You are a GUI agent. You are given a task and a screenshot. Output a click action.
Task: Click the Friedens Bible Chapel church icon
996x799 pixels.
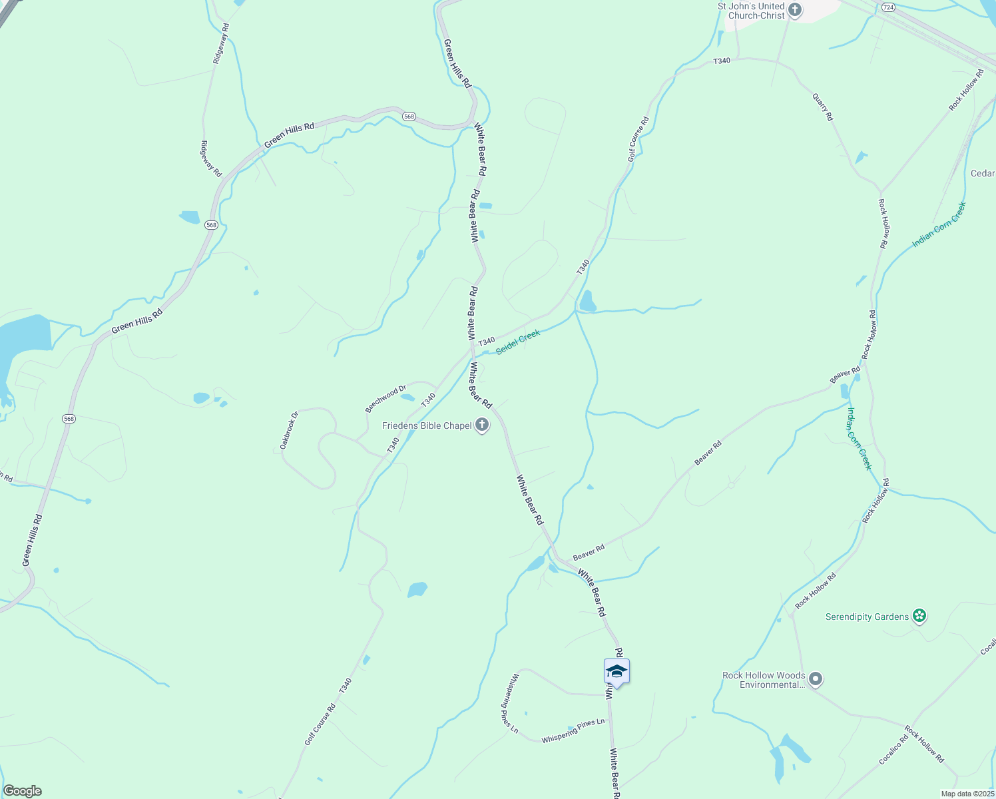click(x=482, y=425)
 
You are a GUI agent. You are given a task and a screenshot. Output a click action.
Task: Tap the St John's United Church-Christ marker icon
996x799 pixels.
click(x=795, y=10)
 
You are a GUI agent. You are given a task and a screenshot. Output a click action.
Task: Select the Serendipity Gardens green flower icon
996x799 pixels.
click(x=919, y=616)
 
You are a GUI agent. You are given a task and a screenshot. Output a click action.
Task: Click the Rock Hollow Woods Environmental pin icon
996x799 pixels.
click(x=816, y=679)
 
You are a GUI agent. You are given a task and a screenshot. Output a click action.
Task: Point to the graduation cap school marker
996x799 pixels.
click(x=617, y=672)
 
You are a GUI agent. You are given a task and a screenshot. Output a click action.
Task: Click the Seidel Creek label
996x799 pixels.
click(x=518, y=342)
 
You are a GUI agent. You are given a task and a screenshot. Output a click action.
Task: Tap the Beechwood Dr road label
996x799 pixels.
click(x=385, y=398)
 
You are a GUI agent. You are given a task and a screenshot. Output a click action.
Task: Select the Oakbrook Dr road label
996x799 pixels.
click(x=289, y=430)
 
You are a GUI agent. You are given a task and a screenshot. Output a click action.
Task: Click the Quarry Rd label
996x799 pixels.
click(x=823, y=107)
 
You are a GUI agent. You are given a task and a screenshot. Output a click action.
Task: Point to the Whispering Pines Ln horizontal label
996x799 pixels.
click(x=573, y=730)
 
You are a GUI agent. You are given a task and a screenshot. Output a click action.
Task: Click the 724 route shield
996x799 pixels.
click(x=887, y=7)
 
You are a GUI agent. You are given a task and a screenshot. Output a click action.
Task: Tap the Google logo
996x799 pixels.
click(x=22, y=791)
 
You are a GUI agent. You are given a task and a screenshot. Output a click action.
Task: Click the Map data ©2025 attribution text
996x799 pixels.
click(x=967, y=794)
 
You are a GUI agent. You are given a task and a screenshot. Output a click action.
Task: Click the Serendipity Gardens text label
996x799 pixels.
click(x=867, y=617)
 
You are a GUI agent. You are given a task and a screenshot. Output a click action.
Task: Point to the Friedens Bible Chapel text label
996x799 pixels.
click(x=427, y=425)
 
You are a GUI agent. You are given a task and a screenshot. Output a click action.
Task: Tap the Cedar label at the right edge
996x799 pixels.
click(x=983, y=173)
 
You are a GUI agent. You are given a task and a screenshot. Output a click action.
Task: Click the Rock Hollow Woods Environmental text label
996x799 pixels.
click(x=764, y=680)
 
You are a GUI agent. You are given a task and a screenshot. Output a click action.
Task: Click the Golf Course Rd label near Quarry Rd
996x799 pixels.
click(x=638, y=140)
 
